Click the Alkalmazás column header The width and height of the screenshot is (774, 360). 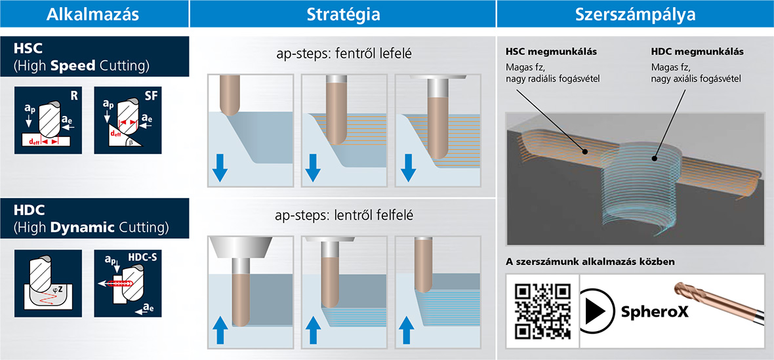pos(94,14)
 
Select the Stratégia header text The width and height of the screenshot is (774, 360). pos(344,14)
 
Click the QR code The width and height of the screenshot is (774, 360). pos(542,311)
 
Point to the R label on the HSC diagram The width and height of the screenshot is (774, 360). pos(74,96)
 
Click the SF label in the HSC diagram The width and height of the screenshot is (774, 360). pos(151,96)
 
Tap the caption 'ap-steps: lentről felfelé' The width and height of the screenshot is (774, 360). pos(344,216)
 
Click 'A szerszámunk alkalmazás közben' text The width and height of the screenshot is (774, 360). pos(590,262)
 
